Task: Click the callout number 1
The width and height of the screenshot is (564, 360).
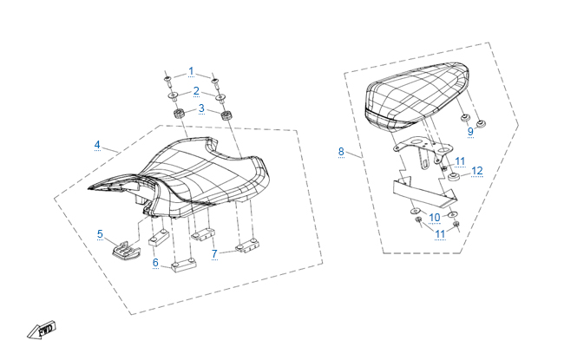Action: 191,71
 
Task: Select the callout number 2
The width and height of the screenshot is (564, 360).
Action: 196,91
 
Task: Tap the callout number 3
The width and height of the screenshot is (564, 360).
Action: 201,108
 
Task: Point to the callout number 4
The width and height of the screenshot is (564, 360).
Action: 97,145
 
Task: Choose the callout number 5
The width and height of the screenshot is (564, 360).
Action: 100,234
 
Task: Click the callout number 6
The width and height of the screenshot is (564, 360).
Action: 155,263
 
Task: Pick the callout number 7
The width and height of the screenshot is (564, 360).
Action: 214,254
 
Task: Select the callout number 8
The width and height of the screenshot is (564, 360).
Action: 341,152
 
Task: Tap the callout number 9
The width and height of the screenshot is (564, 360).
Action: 470,132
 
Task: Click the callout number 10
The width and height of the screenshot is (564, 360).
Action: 435,218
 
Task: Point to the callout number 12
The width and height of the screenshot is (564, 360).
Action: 477,171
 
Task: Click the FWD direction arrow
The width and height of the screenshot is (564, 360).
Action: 43,330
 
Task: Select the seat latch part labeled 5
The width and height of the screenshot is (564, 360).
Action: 126,250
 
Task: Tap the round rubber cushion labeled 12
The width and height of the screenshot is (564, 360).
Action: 455,177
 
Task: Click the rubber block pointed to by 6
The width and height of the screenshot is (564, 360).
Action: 184,265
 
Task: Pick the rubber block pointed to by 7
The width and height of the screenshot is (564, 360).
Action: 247,245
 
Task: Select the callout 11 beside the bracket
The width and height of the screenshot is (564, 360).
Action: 460,161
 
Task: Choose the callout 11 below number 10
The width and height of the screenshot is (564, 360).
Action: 440,234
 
